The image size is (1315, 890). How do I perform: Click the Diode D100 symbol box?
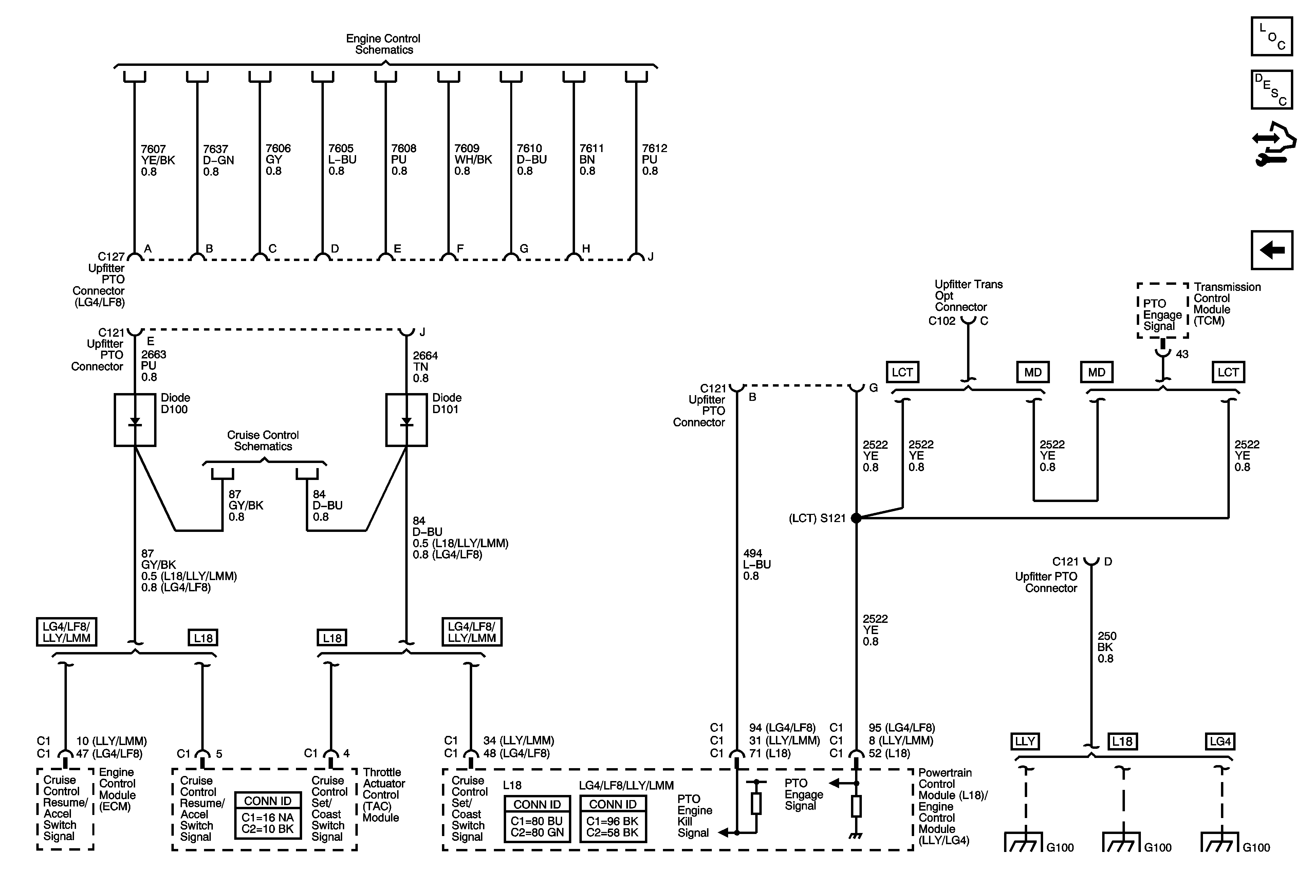[135, 420]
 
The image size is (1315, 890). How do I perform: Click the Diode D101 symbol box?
[406, 420]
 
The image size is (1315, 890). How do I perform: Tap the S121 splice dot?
[856, 518]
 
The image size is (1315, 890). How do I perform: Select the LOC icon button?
[1272, 37]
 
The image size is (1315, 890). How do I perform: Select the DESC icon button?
[1272, 89]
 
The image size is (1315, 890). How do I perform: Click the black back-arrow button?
[1272, 250]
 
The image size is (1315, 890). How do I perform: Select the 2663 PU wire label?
[153, 366]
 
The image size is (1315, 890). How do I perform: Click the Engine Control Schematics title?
[383, 44]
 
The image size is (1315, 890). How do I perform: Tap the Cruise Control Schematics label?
[263, 440]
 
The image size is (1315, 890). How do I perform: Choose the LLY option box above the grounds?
[1025, 741]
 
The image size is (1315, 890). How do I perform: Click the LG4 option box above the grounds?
[1220, 741]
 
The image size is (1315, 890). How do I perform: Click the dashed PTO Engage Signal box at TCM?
[1162, 311]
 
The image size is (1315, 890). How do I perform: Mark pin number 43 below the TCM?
[1182, 354]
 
